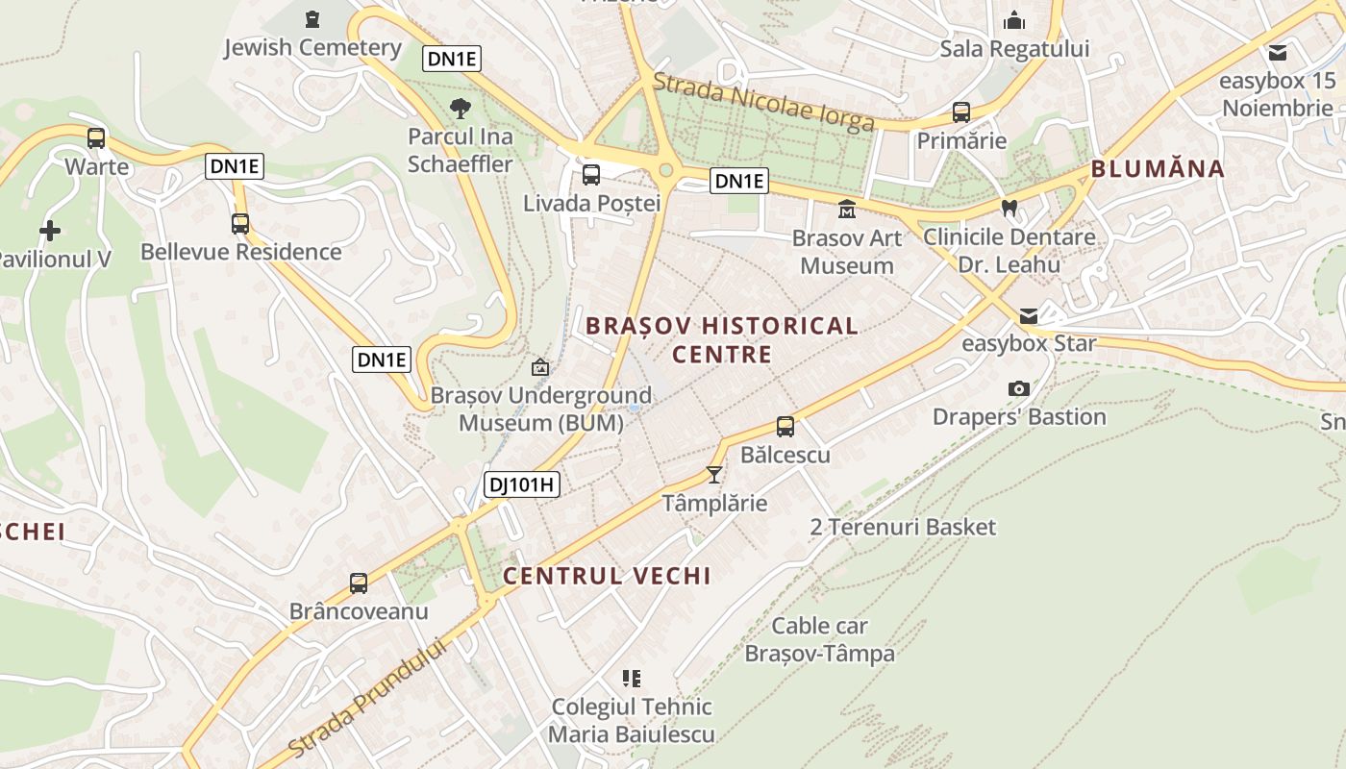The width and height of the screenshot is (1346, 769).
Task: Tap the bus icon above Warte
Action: [96, 137]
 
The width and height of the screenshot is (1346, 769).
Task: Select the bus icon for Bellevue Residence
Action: [240, 224]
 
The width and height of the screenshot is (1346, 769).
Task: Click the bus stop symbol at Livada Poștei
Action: [591, 175]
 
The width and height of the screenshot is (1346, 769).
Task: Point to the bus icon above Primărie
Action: [960, 112]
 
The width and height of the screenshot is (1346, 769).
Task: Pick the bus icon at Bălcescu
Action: [785, 427]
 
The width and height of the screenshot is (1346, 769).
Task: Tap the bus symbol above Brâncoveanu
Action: [359, 583]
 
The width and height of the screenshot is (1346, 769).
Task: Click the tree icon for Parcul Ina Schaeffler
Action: [461, 108]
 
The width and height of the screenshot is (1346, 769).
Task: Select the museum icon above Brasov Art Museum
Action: [847, 209]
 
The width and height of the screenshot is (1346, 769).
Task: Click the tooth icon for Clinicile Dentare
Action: [1009, 208]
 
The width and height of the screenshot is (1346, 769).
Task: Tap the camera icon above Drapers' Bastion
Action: [1019, 388]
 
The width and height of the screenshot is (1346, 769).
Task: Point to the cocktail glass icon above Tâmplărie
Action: [713, 474]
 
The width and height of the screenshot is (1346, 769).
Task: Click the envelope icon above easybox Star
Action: [1029, 315]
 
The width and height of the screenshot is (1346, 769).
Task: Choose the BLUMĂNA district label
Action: [1158, 169]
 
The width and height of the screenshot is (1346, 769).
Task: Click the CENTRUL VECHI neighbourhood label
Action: [607, 576]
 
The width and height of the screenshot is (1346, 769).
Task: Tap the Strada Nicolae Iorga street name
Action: [763, 102]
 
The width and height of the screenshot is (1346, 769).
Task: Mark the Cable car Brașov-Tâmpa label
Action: [820, 640]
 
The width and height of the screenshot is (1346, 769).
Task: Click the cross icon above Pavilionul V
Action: [50, 231]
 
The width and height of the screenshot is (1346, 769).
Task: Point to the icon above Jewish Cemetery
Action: [312, 18]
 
